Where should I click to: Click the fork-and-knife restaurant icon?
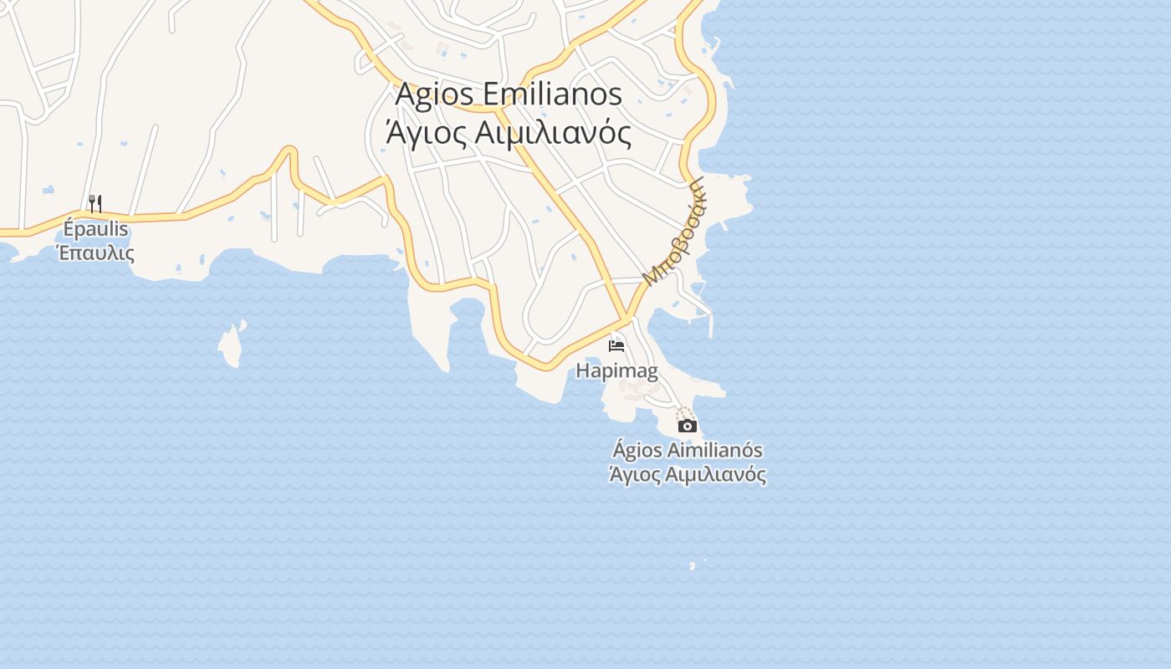[x=95, y=203]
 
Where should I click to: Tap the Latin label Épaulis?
[x=96, y=228]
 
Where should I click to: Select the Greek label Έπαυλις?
[x=95, y=252]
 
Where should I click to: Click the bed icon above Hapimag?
[x=616, y=345]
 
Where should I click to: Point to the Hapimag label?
[x=616, y=370]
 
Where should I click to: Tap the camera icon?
[x=687, y=426]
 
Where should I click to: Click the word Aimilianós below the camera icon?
[x=714, y=451]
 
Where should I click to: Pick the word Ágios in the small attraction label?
[x=637, y=451]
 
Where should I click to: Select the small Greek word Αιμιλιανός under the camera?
[x=716, y=475]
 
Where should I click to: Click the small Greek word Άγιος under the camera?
[x=634, y=475]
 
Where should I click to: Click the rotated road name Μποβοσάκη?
[x=673, y=232]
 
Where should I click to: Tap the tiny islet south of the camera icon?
[x=692, y=566]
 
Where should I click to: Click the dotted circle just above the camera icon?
[x=685, y=413]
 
